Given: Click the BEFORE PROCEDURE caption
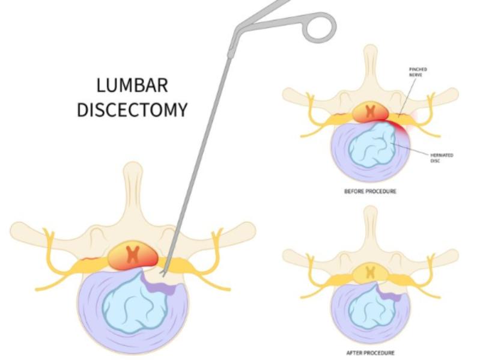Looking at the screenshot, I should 371,191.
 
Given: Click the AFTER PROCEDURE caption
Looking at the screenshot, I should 371,352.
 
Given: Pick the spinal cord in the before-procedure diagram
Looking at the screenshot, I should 371,112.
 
